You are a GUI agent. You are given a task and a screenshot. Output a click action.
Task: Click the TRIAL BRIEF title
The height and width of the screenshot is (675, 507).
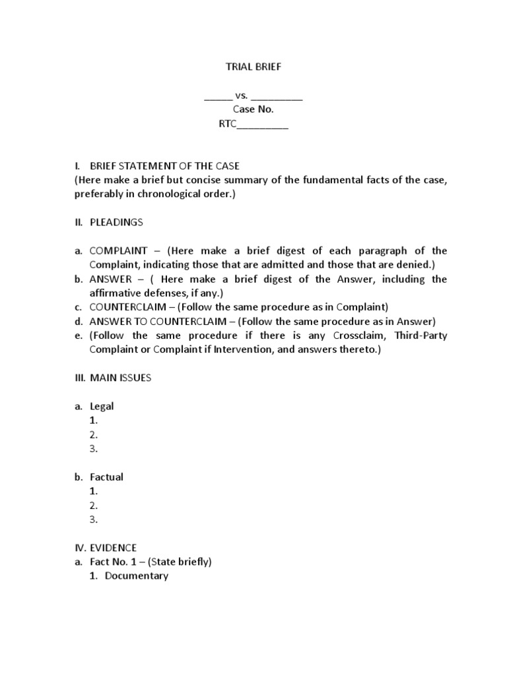(x=253, y=67)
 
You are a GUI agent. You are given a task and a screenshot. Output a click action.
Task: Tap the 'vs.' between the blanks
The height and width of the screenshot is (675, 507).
(x=241, y=96)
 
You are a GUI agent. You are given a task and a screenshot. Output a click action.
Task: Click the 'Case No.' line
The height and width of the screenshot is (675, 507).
(x=253, y=109)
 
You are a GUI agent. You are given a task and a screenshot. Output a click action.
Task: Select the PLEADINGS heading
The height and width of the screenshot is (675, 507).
(x=116, y=222)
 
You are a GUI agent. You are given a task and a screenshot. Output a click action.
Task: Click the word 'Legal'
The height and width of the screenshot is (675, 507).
(x=102, y=407)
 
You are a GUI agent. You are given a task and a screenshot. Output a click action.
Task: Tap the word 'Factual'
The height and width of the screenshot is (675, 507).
(x=106, y=477)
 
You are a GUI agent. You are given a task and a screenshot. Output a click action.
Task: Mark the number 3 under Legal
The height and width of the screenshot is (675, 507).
(x=94, y=450)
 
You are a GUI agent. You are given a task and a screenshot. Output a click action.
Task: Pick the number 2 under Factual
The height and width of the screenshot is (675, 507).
(x=94, y=506)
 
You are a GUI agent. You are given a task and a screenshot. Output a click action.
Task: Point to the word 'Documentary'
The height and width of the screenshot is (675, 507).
(x=137, y=576)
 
